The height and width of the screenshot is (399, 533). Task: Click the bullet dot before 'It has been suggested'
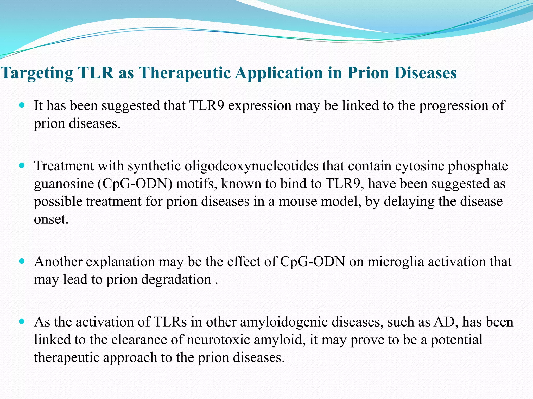click(x=22, y=105)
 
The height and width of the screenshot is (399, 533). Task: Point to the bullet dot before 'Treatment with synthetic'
click(x=22, y=165)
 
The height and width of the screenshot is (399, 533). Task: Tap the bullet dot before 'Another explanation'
click(x=22, y=261)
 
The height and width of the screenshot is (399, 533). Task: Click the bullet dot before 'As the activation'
click(x=22, y=322)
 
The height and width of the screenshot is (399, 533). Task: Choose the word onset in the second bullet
click(x=51, y=219)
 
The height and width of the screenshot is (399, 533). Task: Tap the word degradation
click(x=159, y=280)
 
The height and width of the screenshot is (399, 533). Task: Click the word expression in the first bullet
click(x=259, y=106)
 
